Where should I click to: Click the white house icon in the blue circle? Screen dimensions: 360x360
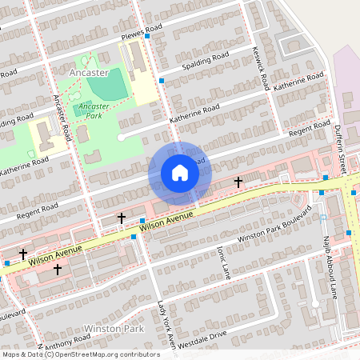pyautogui.click(x=179, y=173)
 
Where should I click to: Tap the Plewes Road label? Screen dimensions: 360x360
pyautogui.click(x=141, y=37)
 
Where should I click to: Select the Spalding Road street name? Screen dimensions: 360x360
pyautogui.click(x=206, y=60)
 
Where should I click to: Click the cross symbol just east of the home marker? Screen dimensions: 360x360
pyautogui.click(x=238, y=182)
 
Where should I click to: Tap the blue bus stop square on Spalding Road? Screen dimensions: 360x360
pyautogui.click(x=162, y=81)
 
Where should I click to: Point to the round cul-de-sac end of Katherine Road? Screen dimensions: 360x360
pyautogui.click(x=122, y=138)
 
